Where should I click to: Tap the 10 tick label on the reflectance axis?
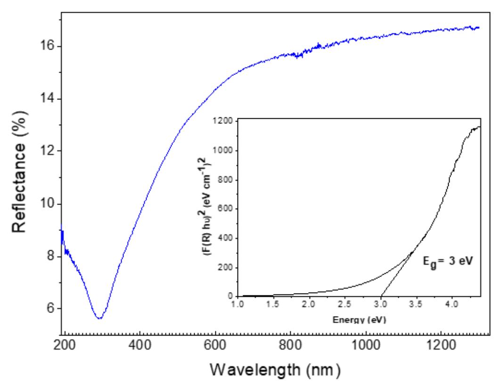(47, 204)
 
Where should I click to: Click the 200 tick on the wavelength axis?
(65, 342)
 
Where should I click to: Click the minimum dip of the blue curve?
(99, 319)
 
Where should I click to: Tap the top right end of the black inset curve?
(480, 126)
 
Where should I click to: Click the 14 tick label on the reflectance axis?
(47, 99)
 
